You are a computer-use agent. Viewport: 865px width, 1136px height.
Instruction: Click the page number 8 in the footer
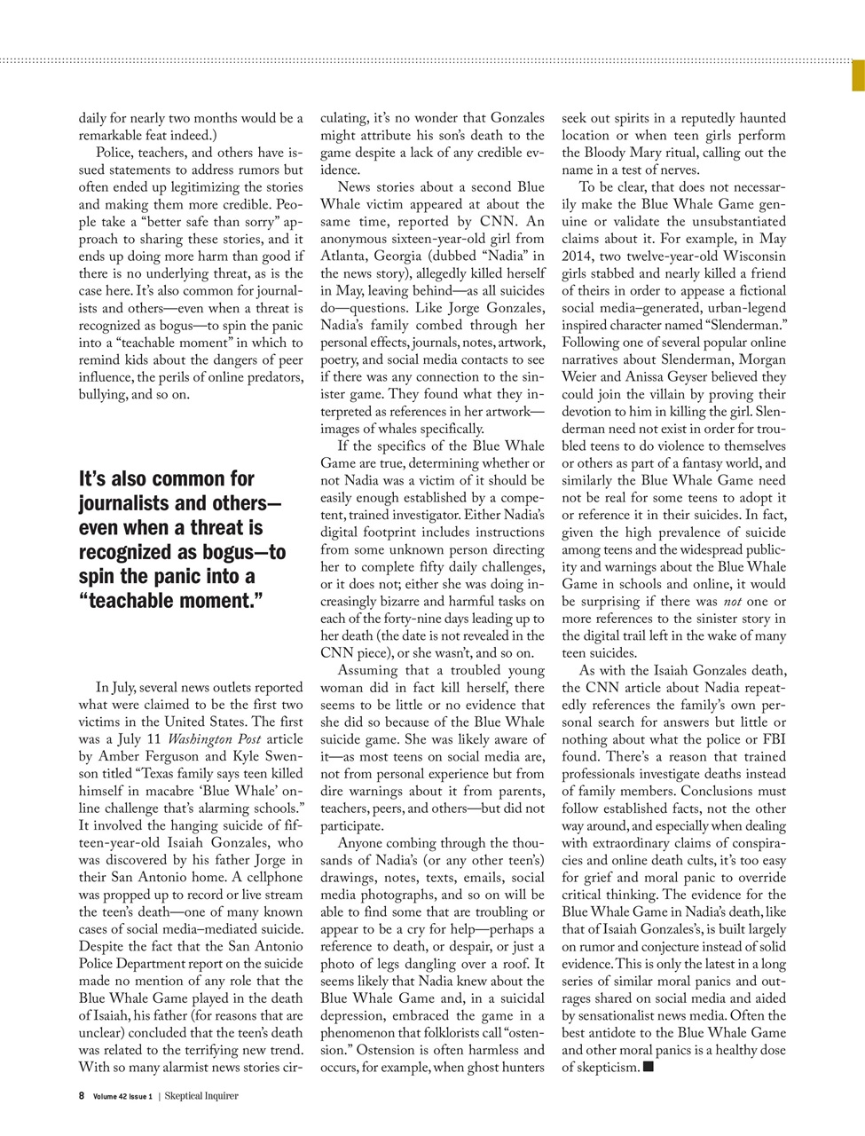click(82, 1095)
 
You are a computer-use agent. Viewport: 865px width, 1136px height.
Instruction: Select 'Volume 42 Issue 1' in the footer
click(122, 1095)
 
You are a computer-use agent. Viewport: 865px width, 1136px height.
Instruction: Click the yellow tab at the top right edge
click(859, 75)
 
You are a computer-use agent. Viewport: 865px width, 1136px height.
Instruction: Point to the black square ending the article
click(648, 1067)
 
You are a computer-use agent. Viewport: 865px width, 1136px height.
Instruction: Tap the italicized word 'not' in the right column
click(735, 602)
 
